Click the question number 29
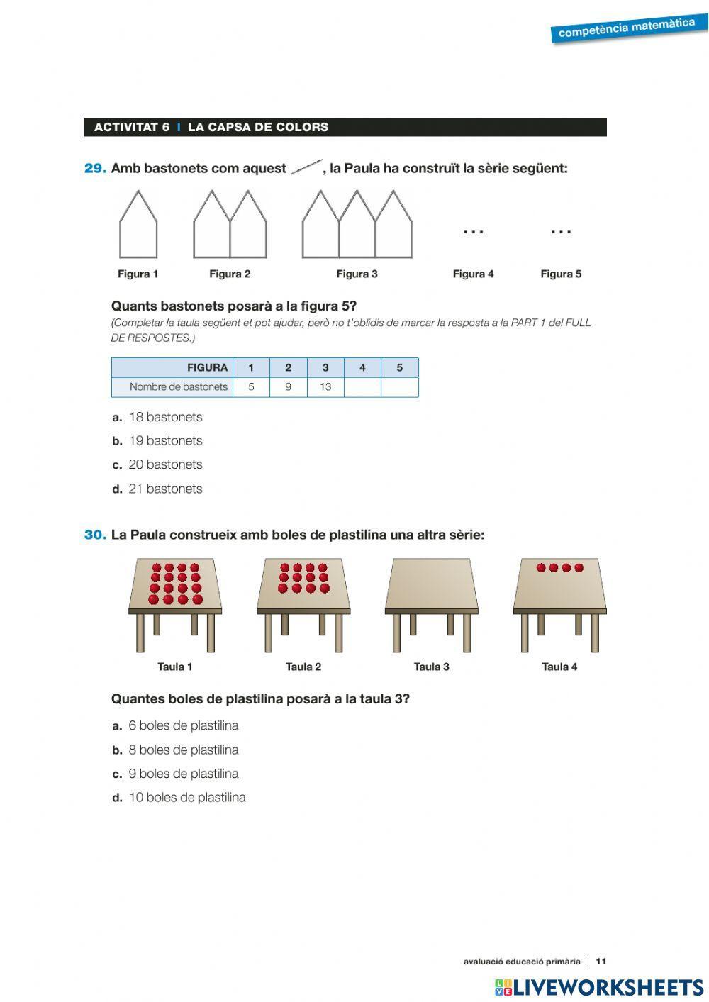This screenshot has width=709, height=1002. [x=95, y=169]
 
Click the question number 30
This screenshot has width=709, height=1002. [x=95, y=535]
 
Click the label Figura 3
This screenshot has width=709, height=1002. [x=357, y=274]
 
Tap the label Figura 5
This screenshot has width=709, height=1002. [x=561, y=274]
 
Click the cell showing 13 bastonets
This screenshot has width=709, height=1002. [x=325, y=387]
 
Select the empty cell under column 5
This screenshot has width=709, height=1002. [x=399, y=387]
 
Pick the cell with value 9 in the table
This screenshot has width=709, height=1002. [x=288, y=387]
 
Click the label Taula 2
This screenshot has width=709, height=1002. [x=303, y=667]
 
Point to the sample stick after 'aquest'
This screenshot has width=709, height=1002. [x=306, y=168]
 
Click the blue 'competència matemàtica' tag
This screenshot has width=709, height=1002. [x=627, y=29]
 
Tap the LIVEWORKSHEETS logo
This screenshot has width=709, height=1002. [x=599, y=987]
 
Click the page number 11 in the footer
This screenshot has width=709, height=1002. [x=601, y=962]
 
